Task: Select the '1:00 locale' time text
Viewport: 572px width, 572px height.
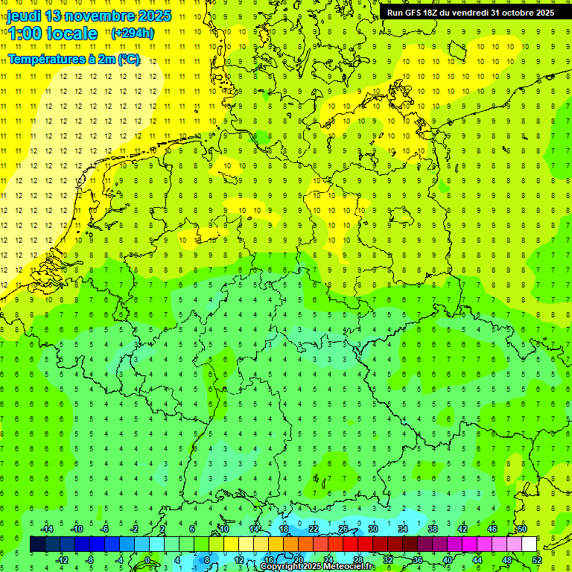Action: coord(53,34)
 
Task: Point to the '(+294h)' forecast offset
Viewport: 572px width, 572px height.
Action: coord(133,34)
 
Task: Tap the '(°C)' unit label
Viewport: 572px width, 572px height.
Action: coord(129,60)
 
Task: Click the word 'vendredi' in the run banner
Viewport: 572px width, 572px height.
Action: coord(467,13)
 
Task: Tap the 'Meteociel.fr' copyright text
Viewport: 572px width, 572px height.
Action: coord(346,567)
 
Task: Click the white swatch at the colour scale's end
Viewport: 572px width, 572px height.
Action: coord(530,544)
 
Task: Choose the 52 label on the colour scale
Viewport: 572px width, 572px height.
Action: coord(537,560)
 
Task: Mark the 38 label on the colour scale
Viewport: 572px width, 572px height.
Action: coord(433,529)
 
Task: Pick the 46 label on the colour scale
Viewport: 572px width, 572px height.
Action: coord(492,529)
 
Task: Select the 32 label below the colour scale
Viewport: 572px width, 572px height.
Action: coord(388,560)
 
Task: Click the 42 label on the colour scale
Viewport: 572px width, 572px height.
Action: coord(463,529)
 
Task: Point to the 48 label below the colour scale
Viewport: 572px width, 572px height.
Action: coord(507,560)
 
